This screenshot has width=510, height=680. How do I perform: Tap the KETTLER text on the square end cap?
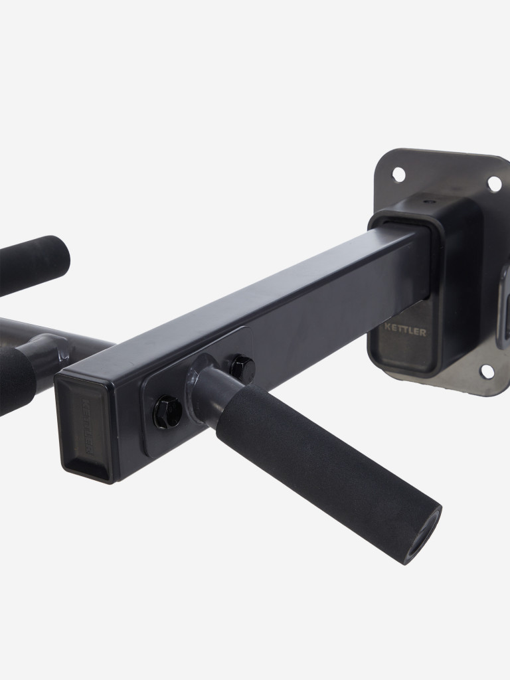click(x=86, y=426)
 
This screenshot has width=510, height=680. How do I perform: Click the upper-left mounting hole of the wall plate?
click(x=398, y=175)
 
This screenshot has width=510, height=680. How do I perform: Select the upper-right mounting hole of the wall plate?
click(x=494, y=183)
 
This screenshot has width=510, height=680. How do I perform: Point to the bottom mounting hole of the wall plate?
click(x=487, y=371)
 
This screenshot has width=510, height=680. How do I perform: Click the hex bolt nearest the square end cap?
click(x=168, y=412)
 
